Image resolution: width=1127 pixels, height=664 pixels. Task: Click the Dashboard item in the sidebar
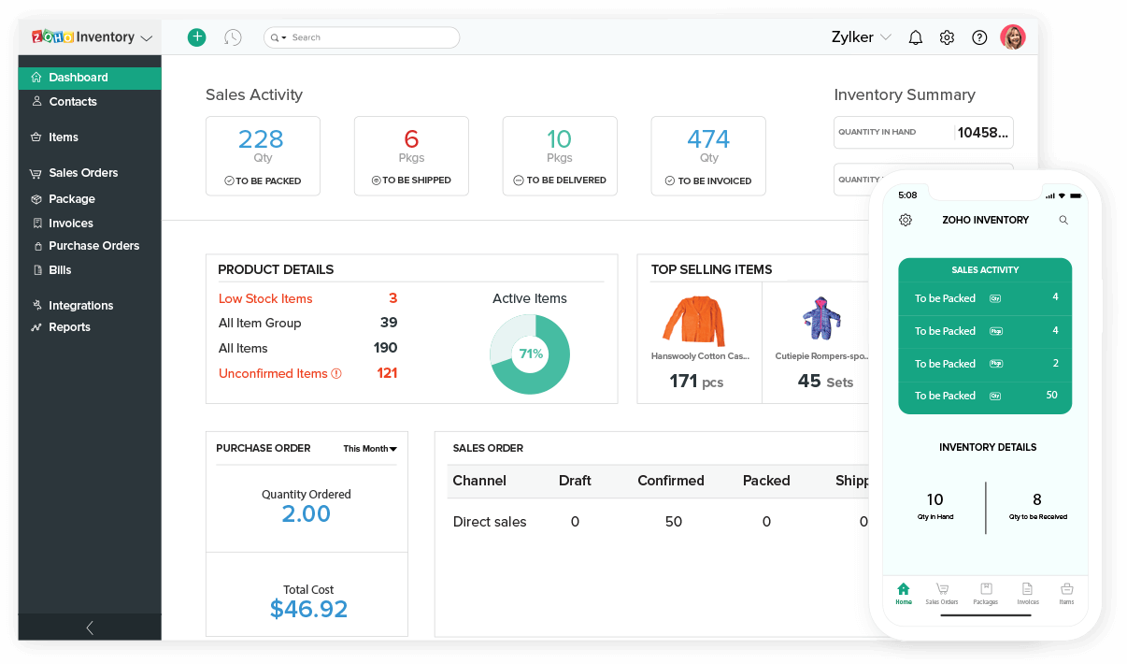click(78, 78)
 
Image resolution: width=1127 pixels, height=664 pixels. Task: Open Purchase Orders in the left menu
click(93, 246)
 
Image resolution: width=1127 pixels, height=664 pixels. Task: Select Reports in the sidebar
click(69, 327)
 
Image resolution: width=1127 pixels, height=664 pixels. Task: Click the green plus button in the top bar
click(196, 37)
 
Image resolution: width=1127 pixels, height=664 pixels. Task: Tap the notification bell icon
click(916, 37)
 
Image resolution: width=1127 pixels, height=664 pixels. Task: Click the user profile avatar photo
click(1012, 37)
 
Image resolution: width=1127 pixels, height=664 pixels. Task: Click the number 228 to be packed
click(261, 139)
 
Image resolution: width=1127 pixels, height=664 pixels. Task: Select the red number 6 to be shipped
click(411, 139)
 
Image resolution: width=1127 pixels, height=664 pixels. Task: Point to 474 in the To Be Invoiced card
click(708, 139)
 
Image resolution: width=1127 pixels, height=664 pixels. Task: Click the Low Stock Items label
click(265, 299)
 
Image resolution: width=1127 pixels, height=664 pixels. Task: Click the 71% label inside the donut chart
click(531, 354)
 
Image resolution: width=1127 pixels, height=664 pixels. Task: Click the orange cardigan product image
click(693, 321)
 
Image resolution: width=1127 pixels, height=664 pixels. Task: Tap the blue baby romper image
click(821, 318)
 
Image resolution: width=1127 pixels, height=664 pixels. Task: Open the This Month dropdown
click(370, 449)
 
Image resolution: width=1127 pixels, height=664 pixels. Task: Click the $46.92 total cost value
click(308, 610)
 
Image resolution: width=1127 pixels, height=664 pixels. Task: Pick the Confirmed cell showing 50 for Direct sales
click(673, 522)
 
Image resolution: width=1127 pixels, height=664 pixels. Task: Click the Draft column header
click(575, 481)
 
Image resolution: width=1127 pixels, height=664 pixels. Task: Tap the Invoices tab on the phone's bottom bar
click(1027, 593)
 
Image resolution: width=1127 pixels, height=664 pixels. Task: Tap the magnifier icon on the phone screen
click(1063, 221)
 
